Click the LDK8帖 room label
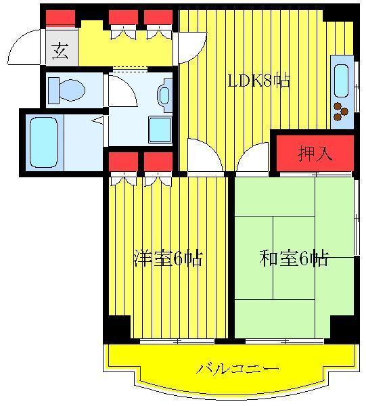point(258,81)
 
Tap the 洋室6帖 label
point(168,258)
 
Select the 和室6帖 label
point(294,258)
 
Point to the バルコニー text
point(237,368)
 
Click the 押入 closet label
point(315,154)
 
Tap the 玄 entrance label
point(61,51)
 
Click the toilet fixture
point(67,91)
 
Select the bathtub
point(43,143)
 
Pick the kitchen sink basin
point(342,81)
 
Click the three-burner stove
point(341,112)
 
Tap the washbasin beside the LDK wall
point(165,95)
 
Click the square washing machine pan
point(160,130)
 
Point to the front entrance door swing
point(24,47)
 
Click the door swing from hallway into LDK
point(193,47)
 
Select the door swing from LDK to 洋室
point(205,155)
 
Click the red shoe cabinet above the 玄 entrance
point(61,18)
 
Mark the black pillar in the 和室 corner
point(344,327)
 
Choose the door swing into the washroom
point(122,91)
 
